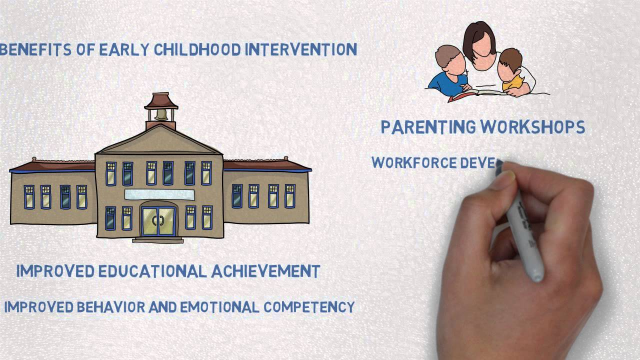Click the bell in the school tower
coord(161,114)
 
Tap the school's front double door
coord(159,221)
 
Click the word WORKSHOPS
coord(533,127)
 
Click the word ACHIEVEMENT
coord(265,271)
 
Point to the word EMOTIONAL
coord(219,306)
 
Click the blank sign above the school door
coord(159,194)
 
